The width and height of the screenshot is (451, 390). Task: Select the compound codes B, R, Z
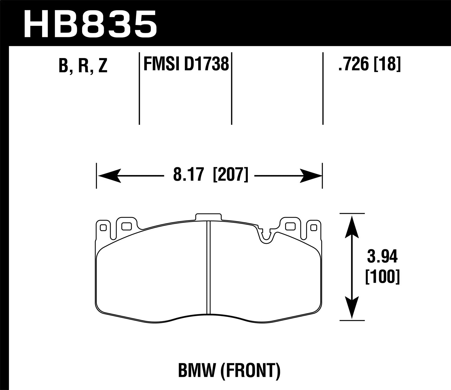tap(83, 65)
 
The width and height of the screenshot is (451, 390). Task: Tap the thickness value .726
tap(353, 64)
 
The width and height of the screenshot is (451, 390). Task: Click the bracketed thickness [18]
tap(388, 64)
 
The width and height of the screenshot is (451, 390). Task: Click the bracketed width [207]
tap(231, 175)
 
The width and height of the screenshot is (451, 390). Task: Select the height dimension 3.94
tap(382, 257)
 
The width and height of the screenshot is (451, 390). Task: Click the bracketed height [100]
tap(382, 277)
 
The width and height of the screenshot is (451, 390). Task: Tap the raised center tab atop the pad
tap(208, 217)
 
